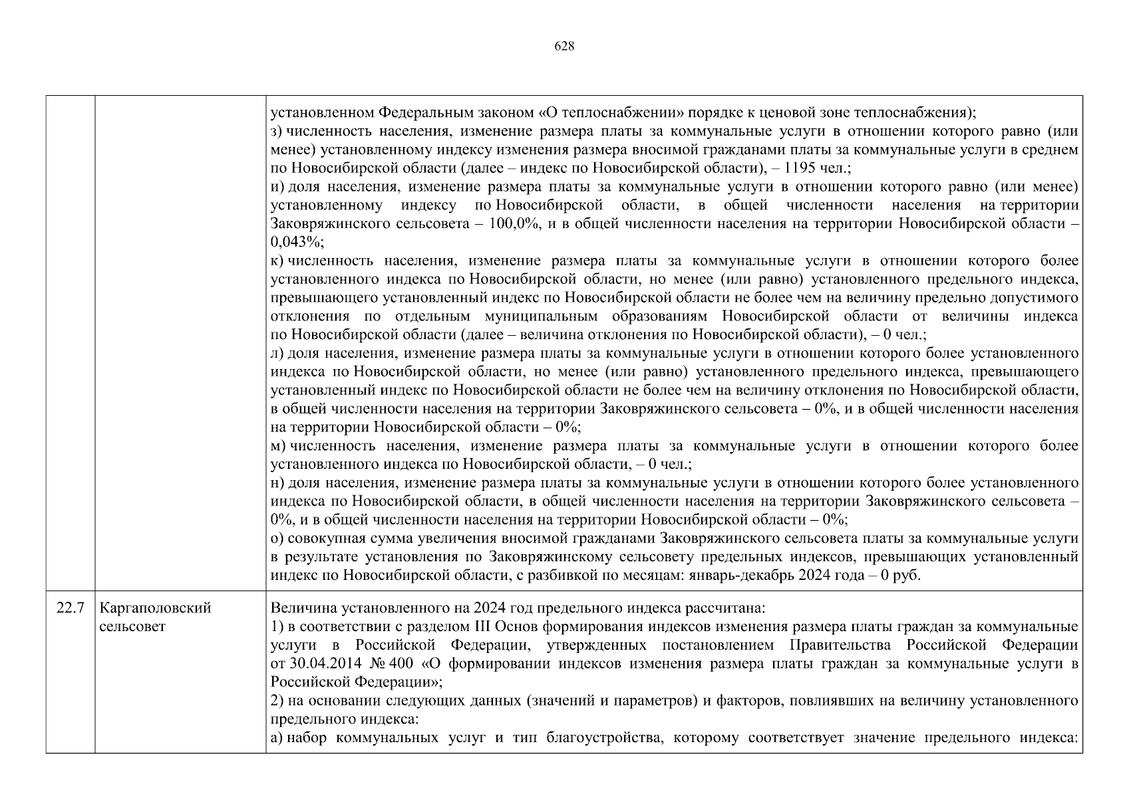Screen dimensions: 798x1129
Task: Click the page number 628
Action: point(564,46)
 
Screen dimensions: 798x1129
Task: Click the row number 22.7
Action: point(70,608)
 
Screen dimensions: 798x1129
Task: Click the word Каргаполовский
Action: point(155,608)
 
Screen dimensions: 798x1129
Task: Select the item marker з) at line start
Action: point(277,131)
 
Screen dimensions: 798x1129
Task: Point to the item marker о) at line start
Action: point(277,538)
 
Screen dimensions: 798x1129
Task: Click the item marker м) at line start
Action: point(278,446)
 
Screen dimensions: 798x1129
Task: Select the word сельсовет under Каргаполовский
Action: point(132,626)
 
